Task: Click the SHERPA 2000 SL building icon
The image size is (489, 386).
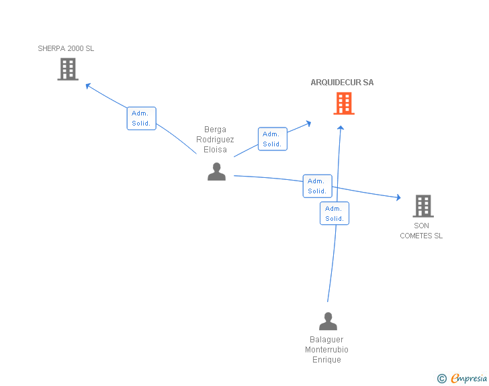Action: (68, 69)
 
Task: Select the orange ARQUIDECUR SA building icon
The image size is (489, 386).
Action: (344, 103)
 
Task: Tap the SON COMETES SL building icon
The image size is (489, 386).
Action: (423, 205)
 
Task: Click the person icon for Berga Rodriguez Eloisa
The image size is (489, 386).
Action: (216, 172)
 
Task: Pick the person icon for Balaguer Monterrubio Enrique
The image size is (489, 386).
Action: (328, 322)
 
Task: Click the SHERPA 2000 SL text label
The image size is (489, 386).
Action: (66, 48)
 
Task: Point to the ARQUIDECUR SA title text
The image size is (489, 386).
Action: (342, 83)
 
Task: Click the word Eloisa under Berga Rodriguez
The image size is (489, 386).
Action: (215, 150)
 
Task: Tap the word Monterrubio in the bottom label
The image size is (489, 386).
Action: (326, 350)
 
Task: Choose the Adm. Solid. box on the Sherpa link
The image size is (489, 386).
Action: (141, 118)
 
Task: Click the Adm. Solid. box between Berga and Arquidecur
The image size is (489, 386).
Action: (272, 139)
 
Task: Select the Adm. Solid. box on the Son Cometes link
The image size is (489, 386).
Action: (317, 186)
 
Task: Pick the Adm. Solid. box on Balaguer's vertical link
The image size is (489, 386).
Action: (334, 213)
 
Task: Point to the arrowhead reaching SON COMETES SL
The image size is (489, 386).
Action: (398, 197)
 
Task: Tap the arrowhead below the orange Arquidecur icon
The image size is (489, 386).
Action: (341, 126)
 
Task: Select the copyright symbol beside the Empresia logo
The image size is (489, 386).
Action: (441, 379)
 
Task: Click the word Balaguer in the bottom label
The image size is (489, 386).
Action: (326, 340)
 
